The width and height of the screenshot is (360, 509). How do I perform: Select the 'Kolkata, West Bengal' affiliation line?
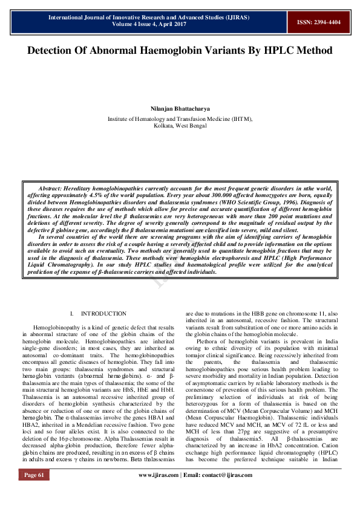click(x=180, y=126)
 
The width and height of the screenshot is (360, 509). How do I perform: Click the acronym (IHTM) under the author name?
click(x=240, y=119)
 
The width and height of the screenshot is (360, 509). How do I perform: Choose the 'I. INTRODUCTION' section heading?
click(x=98, y=314)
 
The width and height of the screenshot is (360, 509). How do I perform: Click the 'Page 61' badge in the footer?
click(x=34, y=493)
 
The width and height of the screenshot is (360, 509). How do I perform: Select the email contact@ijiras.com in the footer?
click(x=219, y=493)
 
